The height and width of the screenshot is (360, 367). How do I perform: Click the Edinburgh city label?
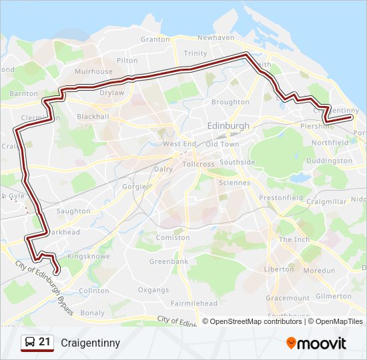tap(228, 126)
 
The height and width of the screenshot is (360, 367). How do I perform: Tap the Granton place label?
tap(155, 39)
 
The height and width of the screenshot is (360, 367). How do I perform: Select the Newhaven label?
tap(216, 38)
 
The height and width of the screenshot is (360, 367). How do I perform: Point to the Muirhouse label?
tap(93, 71)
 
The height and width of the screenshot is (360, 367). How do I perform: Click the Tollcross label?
tap(198, 163)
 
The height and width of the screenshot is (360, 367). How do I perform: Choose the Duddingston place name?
tap(330, 161)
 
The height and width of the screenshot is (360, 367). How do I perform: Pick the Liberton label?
tap(278, 269)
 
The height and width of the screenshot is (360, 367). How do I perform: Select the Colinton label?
tap(93, 291)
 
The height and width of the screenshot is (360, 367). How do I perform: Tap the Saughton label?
tap(73, 211)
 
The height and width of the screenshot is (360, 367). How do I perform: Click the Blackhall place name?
tap(93, 116)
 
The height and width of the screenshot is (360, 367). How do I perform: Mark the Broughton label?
tap(230, 102)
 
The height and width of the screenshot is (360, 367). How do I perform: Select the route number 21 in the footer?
tap(45, 342)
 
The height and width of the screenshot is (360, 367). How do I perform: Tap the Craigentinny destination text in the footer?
tap(90, 343)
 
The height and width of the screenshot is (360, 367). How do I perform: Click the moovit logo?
tap(316, 343)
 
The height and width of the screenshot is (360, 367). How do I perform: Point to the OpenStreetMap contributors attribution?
tap(255, 321)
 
